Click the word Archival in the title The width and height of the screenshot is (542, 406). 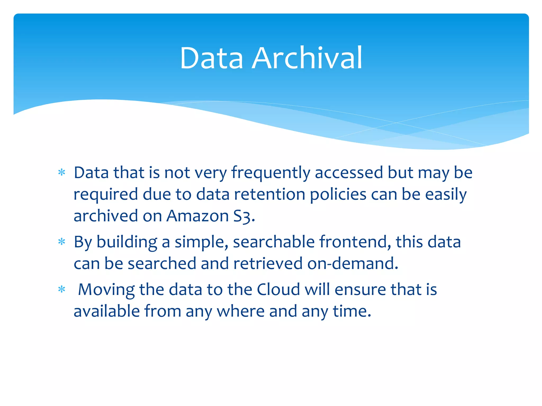click(307, 58)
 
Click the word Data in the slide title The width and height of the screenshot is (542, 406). click(211, 58)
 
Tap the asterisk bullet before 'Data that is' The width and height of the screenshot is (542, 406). click(62, 173)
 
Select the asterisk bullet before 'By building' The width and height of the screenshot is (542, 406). click(62, 242)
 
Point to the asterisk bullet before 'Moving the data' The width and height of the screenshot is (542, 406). click(62, 289)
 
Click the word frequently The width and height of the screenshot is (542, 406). click(271, 173)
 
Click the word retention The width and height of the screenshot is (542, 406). click(269, 194)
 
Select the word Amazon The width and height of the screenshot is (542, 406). click(197, 216)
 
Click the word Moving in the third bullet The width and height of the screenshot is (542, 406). click(106, 290)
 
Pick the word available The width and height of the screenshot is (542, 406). click(107, 311)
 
